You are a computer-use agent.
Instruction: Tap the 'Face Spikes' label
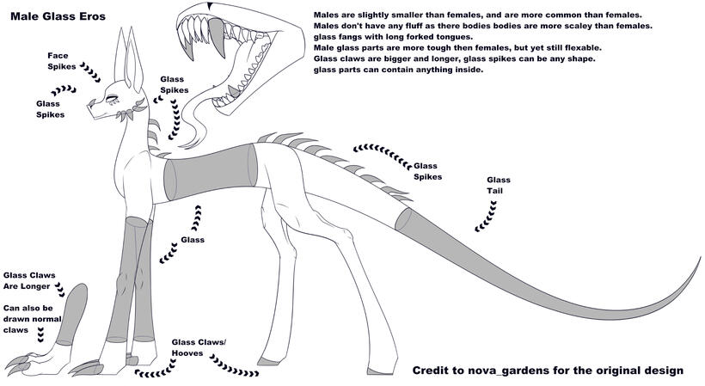pos(62,61)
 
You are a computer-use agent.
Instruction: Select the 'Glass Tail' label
pos(499,186)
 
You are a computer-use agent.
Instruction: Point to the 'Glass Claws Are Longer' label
pos(30,280)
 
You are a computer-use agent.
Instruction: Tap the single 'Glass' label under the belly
pos(192,240)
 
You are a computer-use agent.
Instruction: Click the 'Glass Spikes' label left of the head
pos(50,109)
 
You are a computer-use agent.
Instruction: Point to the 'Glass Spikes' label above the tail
pos(426,171)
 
